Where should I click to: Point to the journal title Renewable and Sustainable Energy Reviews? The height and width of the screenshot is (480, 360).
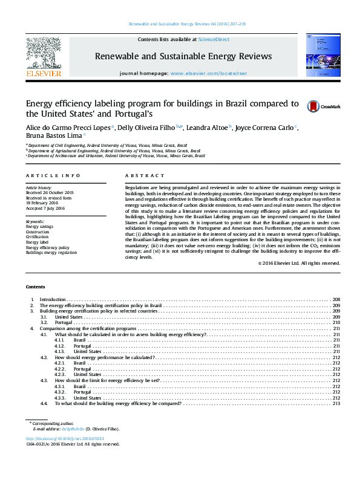click(x=183, y=56)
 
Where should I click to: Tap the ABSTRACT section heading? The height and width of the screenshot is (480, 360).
click(x=140, y=175)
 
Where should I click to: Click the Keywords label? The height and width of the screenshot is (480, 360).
click(x=35, y=221)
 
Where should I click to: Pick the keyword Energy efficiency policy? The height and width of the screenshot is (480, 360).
click(x=47, y=247)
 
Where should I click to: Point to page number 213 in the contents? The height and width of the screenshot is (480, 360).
click(x=336, y=403)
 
